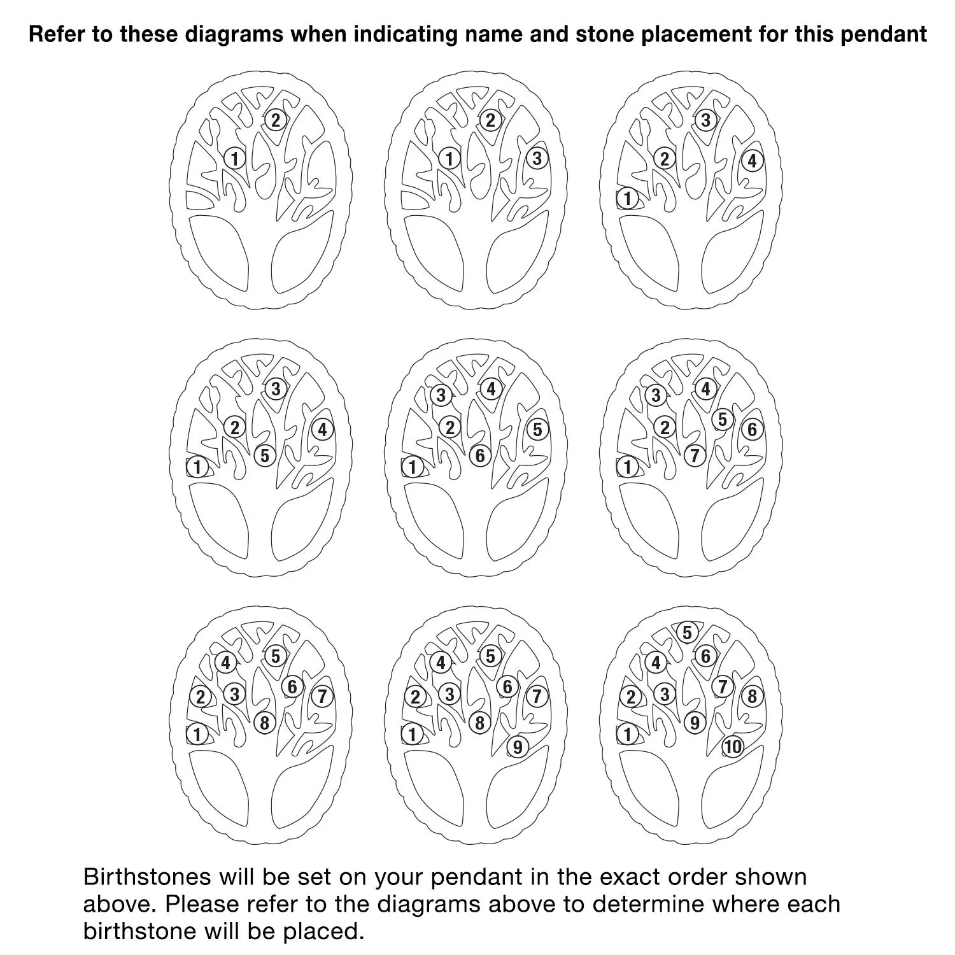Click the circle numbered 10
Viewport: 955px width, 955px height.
[x=733, y=747]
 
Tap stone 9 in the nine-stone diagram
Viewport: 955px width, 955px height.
[x=518, y=747]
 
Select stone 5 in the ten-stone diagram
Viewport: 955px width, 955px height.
[x=687, y=633]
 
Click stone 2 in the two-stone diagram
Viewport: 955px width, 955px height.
[x=275, y=120]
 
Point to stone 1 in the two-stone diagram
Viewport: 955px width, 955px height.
[x=235, y=158]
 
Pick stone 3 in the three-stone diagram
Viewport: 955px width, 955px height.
[x=537, y=158]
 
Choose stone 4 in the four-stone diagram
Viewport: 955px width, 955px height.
[x=752, y=161]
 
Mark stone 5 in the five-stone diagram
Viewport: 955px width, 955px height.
[x=265, y=456]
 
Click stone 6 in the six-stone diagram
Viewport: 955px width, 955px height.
[x=480, y=456]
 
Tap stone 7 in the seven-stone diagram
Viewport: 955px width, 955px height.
[x=695, y=456]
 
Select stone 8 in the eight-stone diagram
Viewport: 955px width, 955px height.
[x=265, y=723]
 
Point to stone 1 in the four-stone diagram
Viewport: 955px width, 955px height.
[x=628, y=199]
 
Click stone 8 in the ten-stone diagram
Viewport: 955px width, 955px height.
[x=752, y=697]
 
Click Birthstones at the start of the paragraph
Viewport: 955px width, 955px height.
[x=147, y=877]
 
